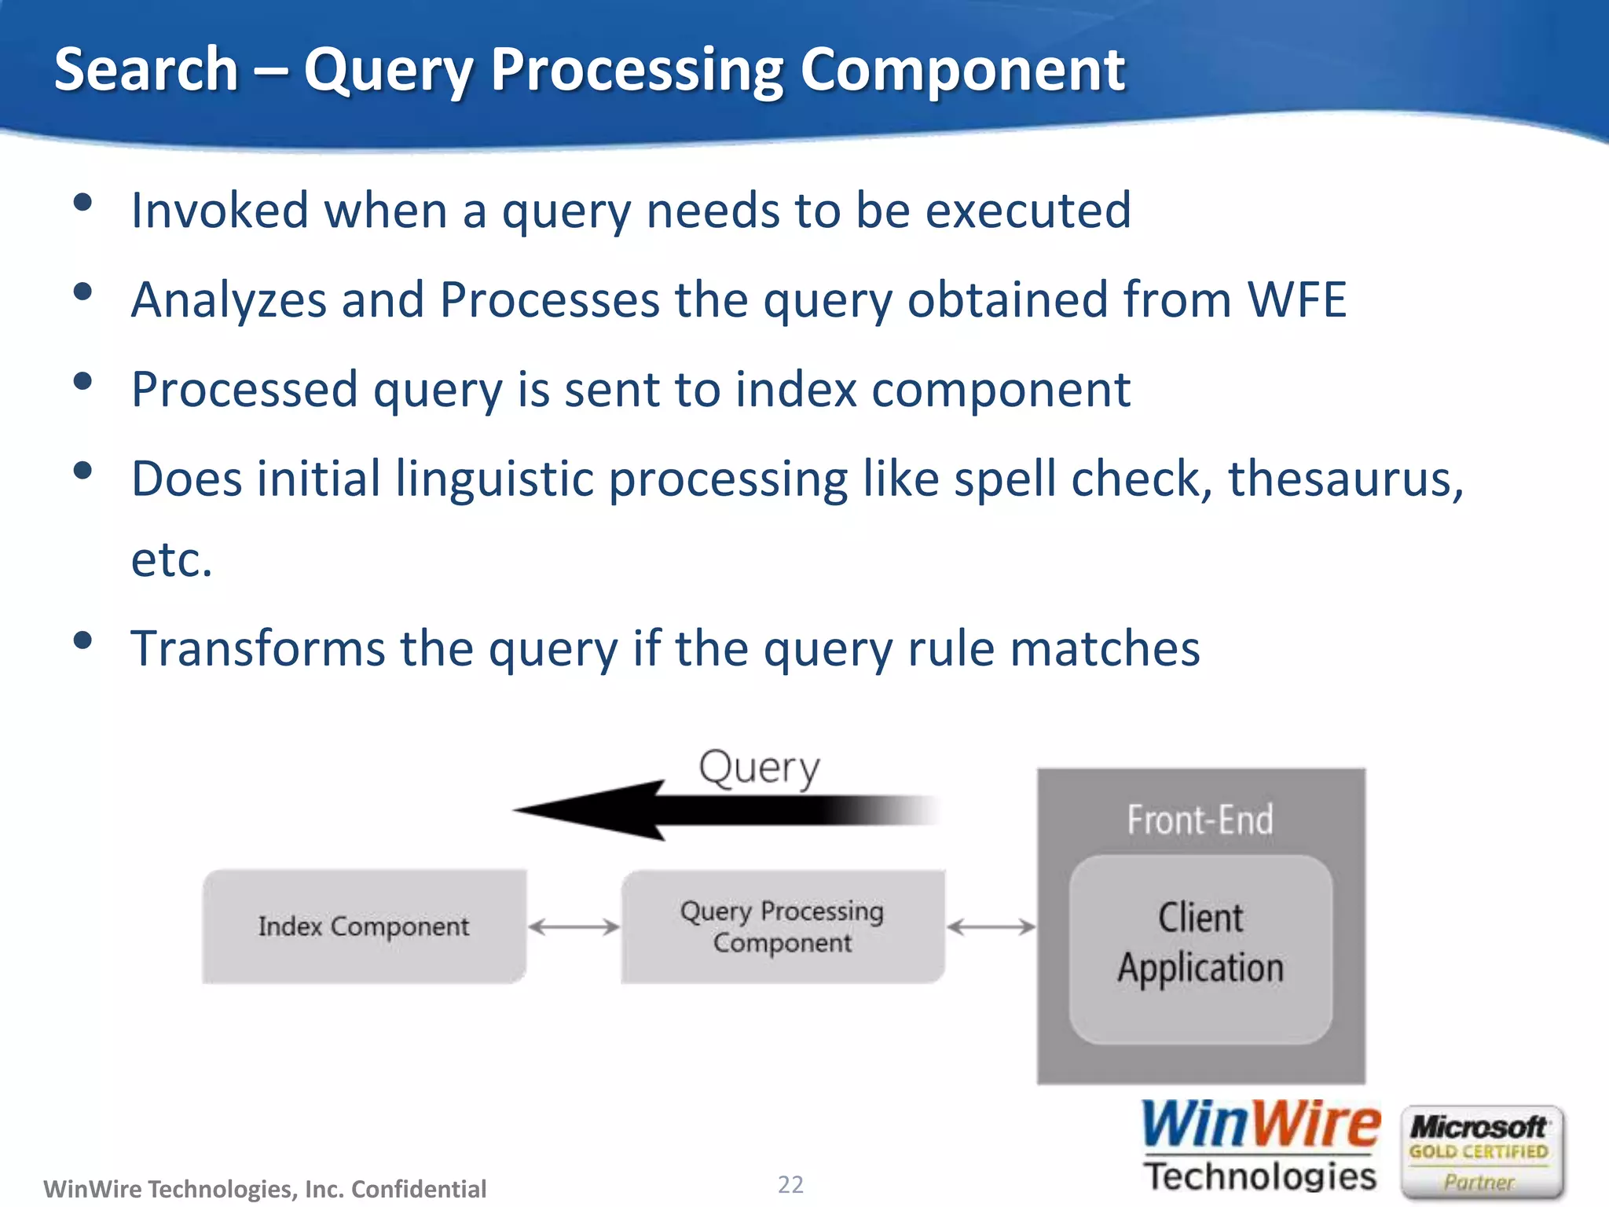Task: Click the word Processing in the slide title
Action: click(636, 71)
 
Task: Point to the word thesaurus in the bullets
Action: click(1345, 479)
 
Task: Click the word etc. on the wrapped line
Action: click(171, 559)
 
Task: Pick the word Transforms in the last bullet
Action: click(258, 649)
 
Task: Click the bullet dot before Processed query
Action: click(82, 382)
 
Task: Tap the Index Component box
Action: click(364, 926)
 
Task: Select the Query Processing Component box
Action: click(783, 926)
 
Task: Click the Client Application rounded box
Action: click(1200, 949)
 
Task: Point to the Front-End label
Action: click(1200, 820)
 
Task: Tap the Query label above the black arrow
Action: click(759, 768)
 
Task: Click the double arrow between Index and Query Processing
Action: click(574, 927)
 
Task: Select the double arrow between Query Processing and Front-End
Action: click(991, 927)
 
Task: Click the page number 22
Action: click(790, 1184)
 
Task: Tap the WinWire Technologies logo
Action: click(1260, 1146)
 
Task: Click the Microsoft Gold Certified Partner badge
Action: click(1480, 1152)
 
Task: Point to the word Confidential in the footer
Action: click(419, 1189)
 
